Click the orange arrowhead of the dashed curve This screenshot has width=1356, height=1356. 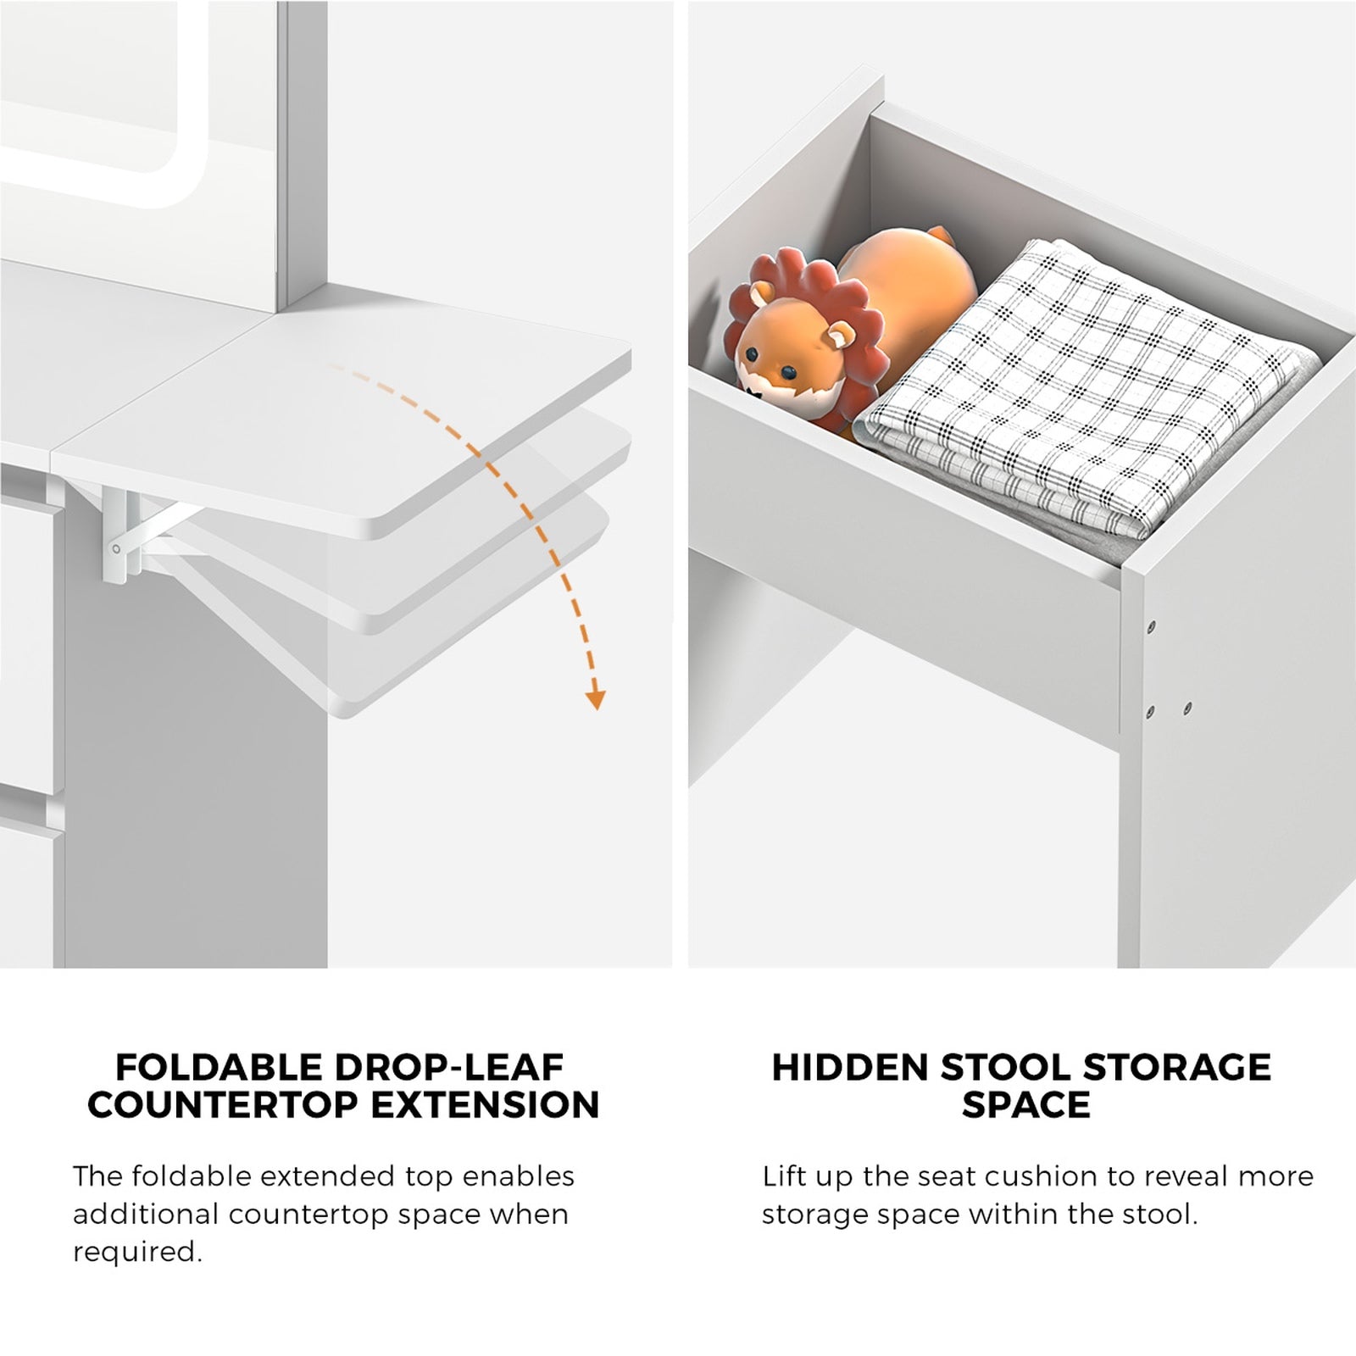click(596, 699)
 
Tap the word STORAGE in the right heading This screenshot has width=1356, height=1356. click(1176, 1068)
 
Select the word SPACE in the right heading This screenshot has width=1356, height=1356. click(1025, 1105)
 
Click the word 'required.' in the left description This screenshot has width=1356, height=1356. click(137, 1252)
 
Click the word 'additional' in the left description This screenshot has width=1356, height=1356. click(145, 1214)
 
